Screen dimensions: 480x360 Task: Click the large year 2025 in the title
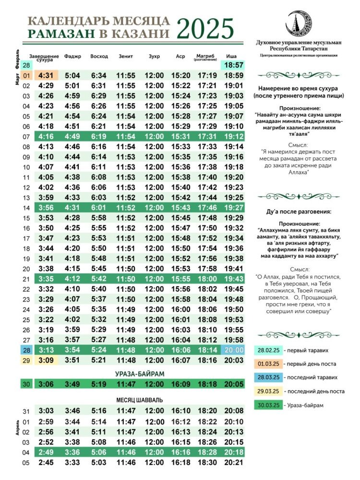click(205, 29)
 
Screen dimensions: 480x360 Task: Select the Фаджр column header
click(72, 57)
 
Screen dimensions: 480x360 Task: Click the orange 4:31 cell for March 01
click(46, 75)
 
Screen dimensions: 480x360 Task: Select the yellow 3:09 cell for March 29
click(46, 360)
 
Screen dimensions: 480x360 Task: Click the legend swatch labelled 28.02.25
click(268, 350)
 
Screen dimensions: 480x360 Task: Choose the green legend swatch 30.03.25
click(268, 405)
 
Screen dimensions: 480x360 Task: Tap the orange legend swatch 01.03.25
click(268, 364)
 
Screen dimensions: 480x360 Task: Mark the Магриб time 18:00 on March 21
click(207, 279)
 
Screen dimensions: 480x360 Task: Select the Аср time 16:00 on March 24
click(180, 310)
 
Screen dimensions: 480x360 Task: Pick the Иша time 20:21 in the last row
click(233, 463)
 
